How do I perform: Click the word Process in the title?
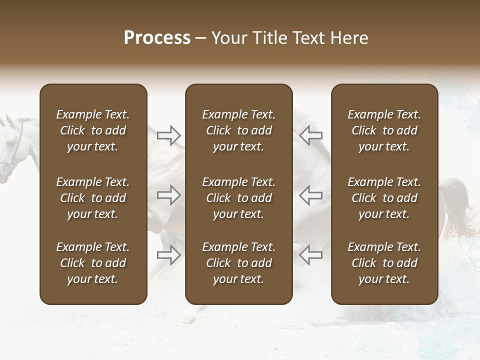(x=157, y=38)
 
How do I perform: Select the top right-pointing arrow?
(x=169, y=135)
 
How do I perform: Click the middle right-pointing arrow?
(x=169, y=195)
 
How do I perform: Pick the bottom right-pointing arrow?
(x=169, y=255)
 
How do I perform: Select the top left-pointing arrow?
(x=310, y=135)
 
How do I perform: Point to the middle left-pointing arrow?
(x=310, y=195)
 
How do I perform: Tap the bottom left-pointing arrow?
(x=310, y=255)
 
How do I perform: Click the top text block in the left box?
(x=93, y=130)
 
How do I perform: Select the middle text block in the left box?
(x=93, y=198)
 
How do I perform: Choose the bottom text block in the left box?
(x=93, y=263)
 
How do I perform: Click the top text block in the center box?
(x=239, y=130)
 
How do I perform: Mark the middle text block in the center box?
(x=239, y=198)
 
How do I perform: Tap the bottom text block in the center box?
(x=239, y=263)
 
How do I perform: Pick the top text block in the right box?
(x=384, y=130)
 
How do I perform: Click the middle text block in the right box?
(x=384, y=198)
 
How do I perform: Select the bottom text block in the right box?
(x=384, y=263)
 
